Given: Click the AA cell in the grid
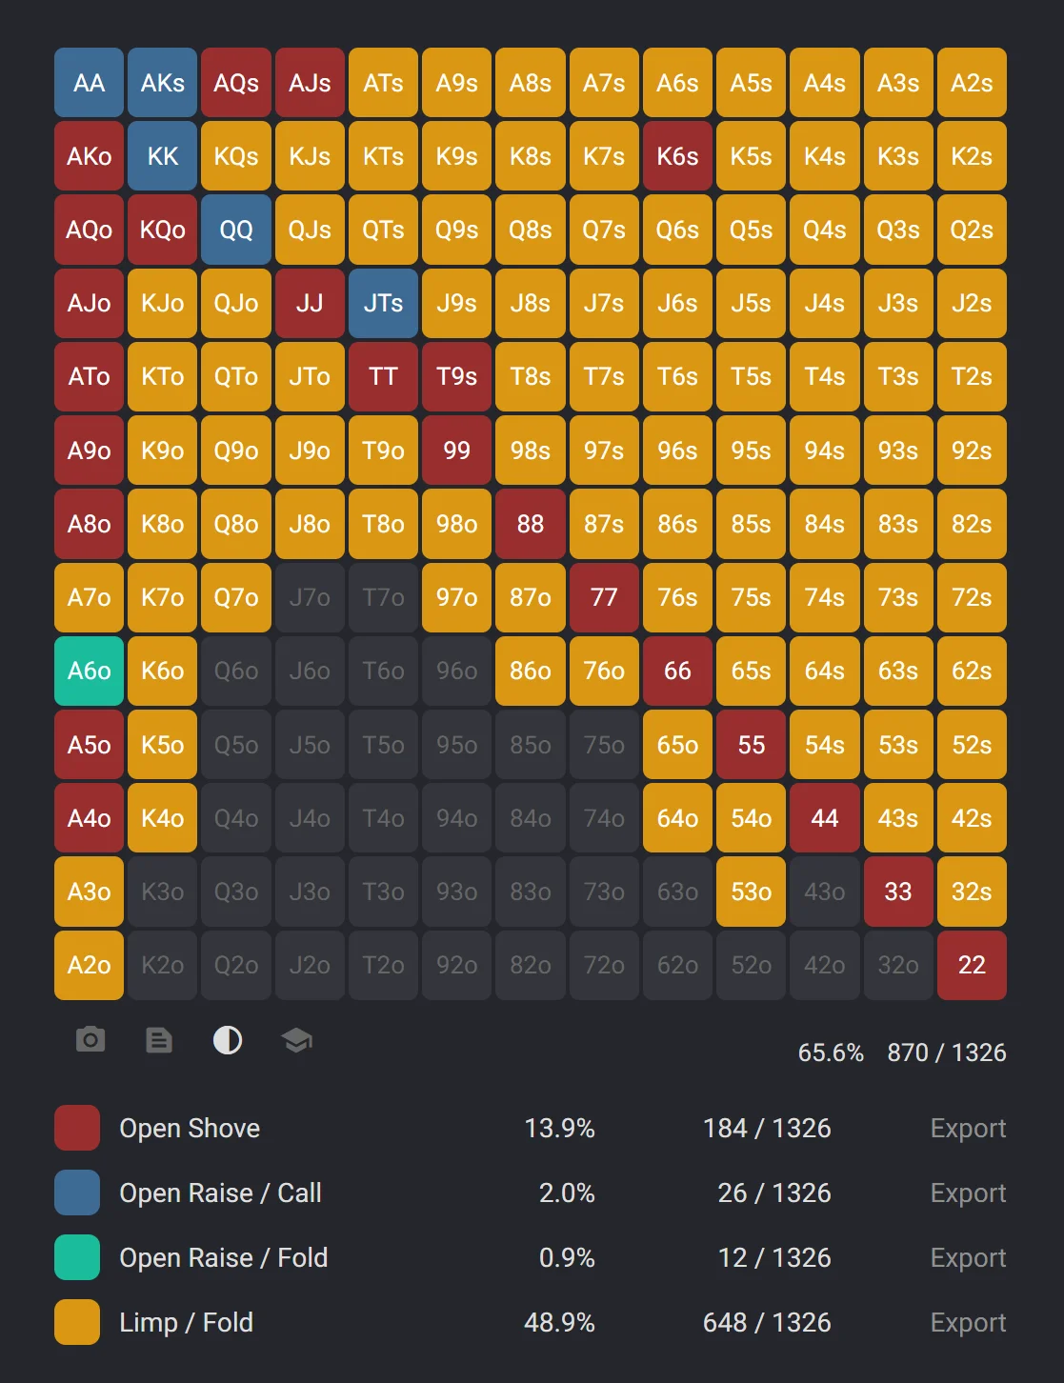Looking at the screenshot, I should (89, 83).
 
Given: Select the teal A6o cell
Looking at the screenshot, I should (89, 671).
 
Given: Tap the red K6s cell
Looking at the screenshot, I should (677, 156).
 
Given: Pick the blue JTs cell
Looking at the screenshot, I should (383, 303).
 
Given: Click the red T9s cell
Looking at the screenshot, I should (456, 376).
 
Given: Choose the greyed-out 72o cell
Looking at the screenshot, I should (604, 965).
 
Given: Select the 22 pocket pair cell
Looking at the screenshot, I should (972, 965).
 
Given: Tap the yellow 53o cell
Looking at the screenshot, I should (751, 892).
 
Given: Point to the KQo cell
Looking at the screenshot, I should (163, 230).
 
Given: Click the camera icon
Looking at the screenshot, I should (90, 1039).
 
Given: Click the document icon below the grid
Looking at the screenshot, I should (159, 1039).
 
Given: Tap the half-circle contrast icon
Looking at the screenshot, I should (228, 1039).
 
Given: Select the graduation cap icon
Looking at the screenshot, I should (297, 1039).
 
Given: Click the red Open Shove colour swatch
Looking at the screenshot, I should (77, 1128).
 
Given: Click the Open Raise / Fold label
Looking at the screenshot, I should (223, 1257).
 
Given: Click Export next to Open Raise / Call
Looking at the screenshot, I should (967, 1193).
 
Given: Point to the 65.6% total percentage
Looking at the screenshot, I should (831, 1052).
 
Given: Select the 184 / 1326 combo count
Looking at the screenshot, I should (766, 1128).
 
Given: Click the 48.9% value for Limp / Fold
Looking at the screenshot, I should (559, 1322).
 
